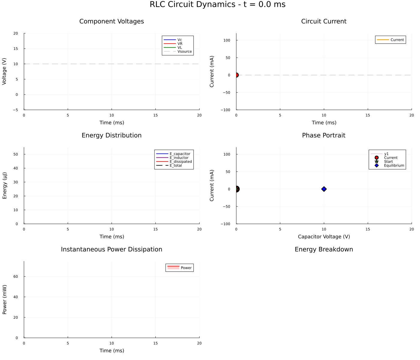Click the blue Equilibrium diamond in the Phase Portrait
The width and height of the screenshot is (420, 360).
tap(324, 189)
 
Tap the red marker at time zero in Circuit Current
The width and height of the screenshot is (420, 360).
tap(236, 75)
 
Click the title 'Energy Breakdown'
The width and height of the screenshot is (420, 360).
tap(324, 249)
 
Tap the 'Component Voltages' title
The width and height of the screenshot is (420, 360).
tap(112, 21)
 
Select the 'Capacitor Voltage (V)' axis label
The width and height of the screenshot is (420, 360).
tap(324, 237)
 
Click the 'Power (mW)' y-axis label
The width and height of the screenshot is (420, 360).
tap(5, 299)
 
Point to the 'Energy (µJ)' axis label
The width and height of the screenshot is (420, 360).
tap(5, 185)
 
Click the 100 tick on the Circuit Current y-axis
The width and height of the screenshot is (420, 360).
tap(227, 40)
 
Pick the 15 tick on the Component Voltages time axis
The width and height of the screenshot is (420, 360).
tap(155, 115)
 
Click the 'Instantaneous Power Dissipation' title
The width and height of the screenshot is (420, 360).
tap(112, 249)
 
